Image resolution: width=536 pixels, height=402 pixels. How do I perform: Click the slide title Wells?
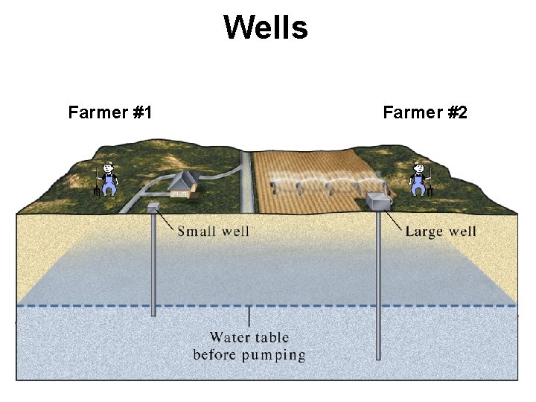point(266,28)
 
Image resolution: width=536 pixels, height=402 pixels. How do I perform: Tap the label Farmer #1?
point(110,112)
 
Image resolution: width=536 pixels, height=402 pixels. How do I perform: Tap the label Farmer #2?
point(425,112)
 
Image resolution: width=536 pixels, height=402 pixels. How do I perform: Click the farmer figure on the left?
point(109,179)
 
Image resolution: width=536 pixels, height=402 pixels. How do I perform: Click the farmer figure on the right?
point(419,179)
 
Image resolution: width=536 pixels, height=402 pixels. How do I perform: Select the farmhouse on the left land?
point(182,185)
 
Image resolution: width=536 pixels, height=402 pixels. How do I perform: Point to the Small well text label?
point(213,231)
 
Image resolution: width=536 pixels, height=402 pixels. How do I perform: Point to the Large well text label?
point(441,231)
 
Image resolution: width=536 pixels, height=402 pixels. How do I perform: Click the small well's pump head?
point(153,207)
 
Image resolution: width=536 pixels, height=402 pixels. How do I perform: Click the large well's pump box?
point(380,200)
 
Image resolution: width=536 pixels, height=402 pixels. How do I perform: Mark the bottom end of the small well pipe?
point(153,314)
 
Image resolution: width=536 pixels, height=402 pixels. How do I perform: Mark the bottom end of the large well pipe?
point(378,358)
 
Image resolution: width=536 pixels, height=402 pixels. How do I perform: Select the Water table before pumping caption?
point(249,346)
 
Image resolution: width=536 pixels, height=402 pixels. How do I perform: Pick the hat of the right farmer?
point(419,163)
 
